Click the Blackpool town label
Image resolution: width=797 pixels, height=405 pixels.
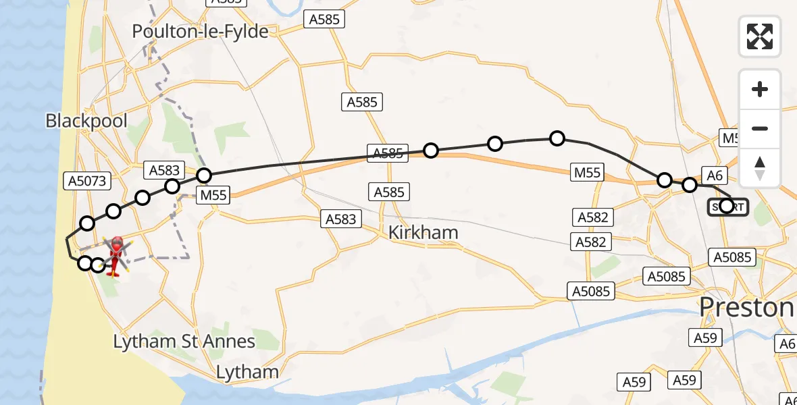click(86, 121)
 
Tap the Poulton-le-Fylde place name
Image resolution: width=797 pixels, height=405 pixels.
click(200, 31)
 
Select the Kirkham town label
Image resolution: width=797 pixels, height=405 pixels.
click(423, 233)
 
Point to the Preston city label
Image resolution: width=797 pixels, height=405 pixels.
click(746, 308)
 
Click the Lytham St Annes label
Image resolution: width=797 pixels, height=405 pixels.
click(184, 342)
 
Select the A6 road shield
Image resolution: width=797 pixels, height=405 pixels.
click(715, 175)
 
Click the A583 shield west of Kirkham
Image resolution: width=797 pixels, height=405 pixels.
click(340, 219)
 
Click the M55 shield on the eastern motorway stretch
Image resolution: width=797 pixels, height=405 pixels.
click(586, 172)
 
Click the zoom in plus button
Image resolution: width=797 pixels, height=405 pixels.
click(760, 89)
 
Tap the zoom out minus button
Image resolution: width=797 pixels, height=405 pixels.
click(760, 128)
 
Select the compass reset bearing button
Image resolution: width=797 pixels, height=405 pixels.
click(760, 168)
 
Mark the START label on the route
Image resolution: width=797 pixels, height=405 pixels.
click(727, 207)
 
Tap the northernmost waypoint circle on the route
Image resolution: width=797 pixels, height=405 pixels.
click(557, 138)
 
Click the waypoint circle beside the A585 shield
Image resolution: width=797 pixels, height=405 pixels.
click(431, 151)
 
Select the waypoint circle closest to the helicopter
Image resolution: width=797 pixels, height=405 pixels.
click(99, 265)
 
